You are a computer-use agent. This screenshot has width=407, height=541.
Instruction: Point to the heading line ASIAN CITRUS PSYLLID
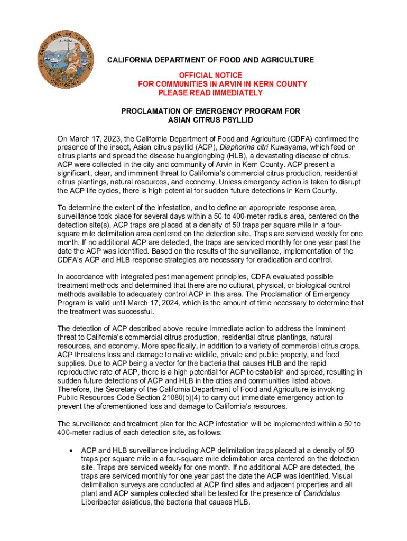click(210, 120)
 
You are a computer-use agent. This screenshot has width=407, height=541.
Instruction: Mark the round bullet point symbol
click(71, 451)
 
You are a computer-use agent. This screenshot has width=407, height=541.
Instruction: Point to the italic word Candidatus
click(322, 493)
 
